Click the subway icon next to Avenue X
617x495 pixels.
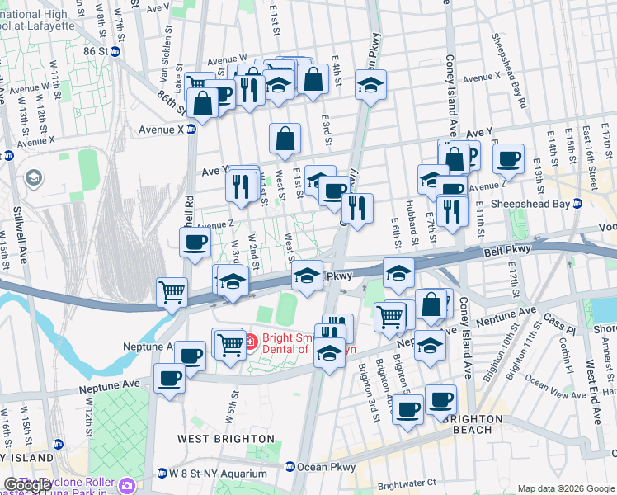(191, 130)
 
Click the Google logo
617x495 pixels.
(27, 485)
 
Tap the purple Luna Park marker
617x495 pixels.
(125, 484)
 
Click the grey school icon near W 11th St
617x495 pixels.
(34, 177)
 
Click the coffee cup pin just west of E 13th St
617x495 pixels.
(509, 159)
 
